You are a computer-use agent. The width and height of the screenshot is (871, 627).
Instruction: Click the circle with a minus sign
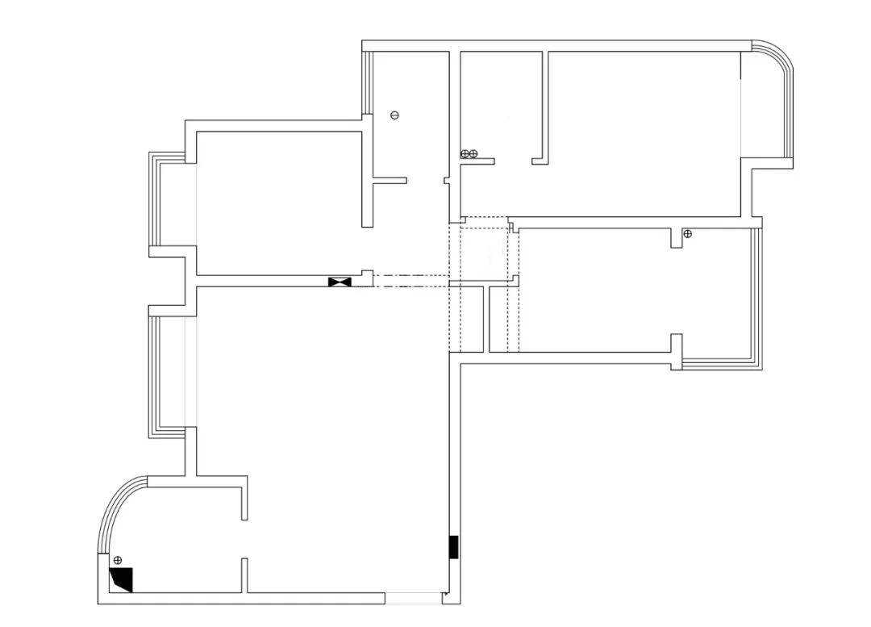click(394, 115)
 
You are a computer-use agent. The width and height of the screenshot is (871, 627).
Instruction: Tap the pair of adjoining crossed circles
click(469, 153)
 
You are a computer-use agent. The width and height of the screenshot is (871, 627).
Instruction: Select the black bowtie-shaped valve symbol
click(340, 282)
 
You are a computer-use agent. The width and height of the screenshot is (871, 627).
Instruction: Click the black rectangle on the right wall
click(454, 547)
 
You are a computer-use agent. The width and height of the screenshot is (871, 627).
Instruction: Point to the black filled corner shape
click(122, 579)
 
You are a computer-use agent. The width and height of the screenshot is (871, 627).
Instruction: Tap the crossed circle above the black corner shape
click(117, 559)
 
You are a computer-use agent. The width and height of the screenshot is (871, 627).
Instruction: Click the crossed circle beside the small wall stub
click(687, 234)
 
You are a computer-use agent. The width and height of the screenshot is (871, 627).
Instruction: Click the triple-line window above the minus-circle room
click(368, 81)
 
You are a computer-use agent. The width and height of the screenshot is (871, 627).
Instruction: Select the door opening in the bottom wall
click(412, 598)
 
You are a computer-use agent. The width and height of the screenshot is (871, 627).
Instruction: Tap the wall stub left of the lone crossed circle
click(676, 237)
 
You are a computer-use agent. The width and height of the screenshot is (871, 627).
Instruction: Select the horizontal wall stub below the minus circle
click(390, 181)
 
